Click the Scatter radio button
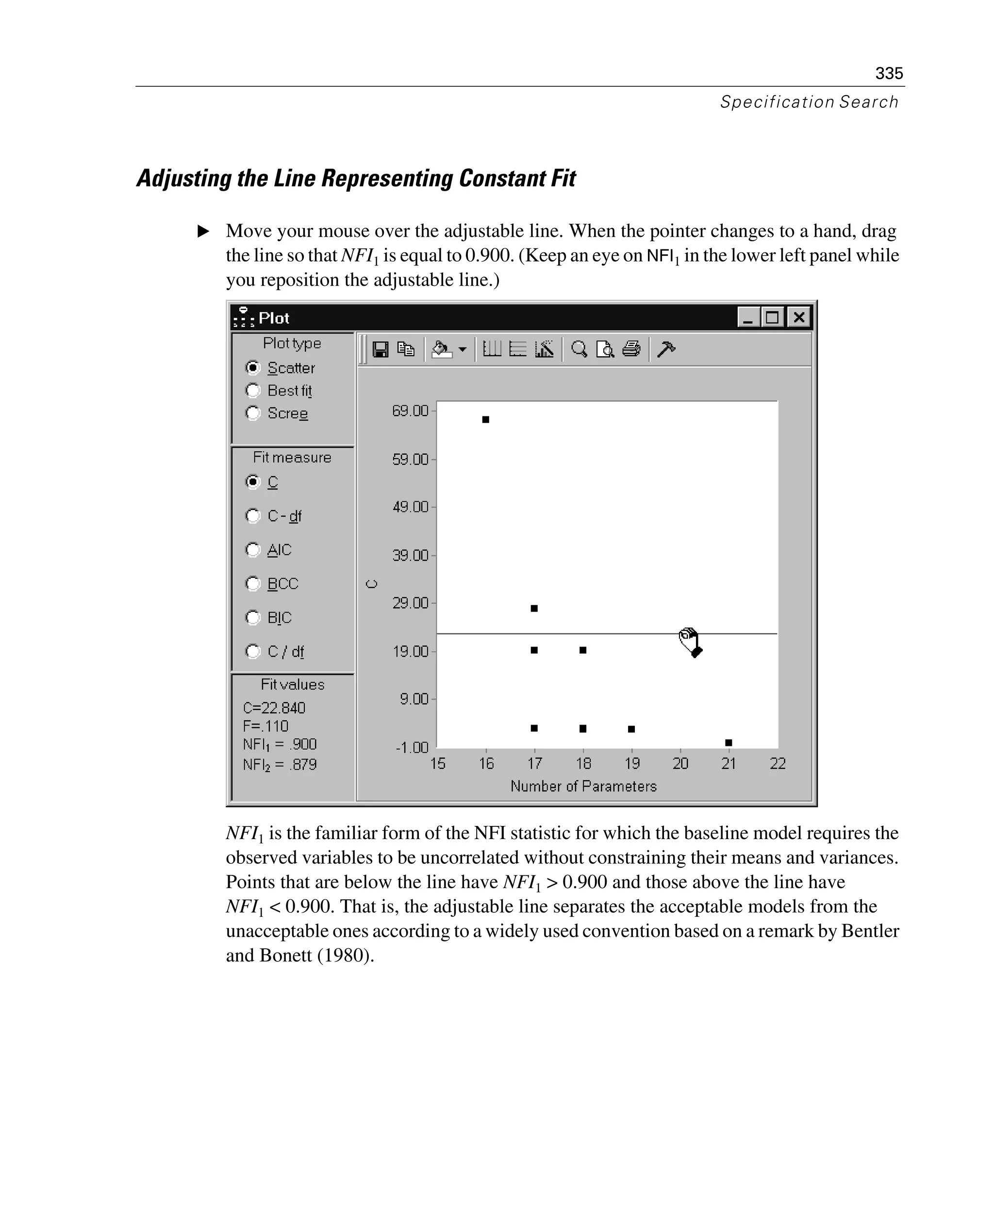pyautogui.click(x=252, y=367)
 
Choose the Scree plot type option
pyautogui.click(x=252, y=413)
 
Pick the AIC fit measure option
pyautogui.click(x=252, y=550)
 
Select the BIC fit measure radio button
pyautogui.click(x=252, y=617)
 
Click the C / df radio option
pyautogui.click(x=252, y=651)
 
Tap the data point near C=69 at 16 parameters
pyautogui.click(x=485, y=420)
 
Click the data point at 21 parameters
pyautogui.click(x=729, y=742)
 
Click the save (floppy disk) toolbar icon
pyautogui.click(x=380, y=349)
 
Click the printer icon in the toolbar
pyautogui.click(x=631, y=349)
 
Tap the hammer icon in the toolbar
pyautogui.click(x=666, y=349)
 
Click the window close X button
pyautogui.click(x=799, y=317)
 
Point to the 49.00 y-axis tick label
pyautogui.click(x=410, y=507)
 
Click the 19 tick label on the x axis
pyautogui.click(x=631, y=763)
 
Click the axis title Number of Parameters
pyautogui.click(x=583, y=786)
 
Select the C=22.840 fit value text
pyautogui.click(x=274, y=708)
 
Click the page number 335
pyautogui.click(x=889, y=73)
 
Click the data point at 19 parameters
pyautogui.click(x=631, y=729)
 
